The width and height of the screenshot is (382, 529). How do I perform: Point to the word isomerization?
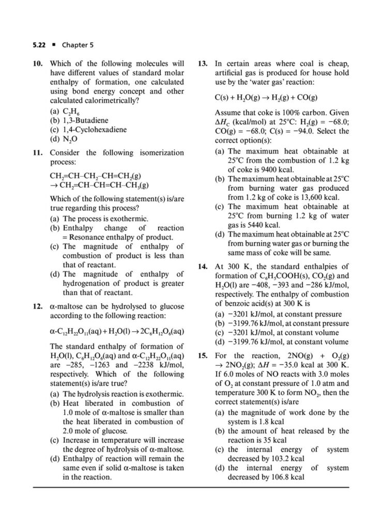click(x=162, y=153)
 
